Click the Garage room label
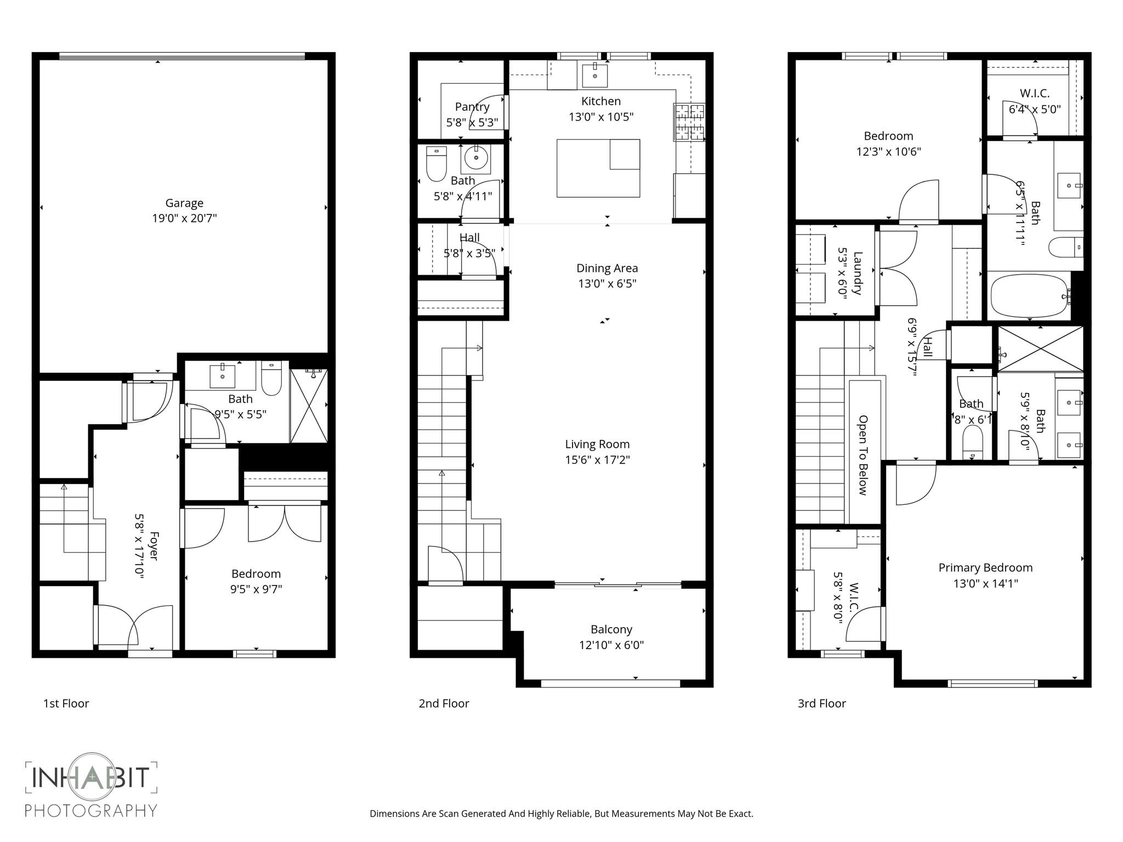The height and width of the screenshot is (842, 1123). tap(184, 203)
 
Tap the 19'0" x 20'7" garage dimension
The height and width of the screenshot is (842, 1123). tap(184, 218)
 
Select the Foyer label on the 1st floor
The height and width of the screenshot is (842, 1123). tap(154, 545)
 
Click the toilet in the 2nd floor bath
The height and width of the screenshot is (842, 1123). tap(436, 164)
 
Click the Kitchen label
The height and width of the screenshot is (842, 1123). tap(601, 101)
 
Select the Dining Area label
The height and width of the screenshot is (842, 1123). tap(607, 268)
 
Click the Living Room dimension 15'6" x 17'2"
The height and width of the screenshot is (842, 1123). tap(597, 459)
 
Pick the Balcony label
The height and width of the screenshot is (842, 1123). tap(611, 629)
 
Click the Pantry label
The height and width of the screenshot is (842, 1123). tap(472, 107)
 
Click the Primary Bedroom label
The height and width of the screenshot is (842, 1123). tap(985, 568)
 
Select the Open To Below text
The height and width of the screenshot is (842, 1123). tap(863, 455)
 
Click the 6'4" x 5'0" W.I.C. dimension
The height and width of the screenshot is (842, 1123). tap(1035, 109)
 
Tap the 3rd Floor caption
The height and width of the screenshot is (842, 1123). tap(821, 703)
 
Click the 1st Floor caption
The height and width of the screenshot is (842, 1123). tap(66, 703)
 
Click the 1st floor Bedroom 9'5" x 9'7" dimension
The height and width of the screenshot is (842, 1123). tap(256, 589)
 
